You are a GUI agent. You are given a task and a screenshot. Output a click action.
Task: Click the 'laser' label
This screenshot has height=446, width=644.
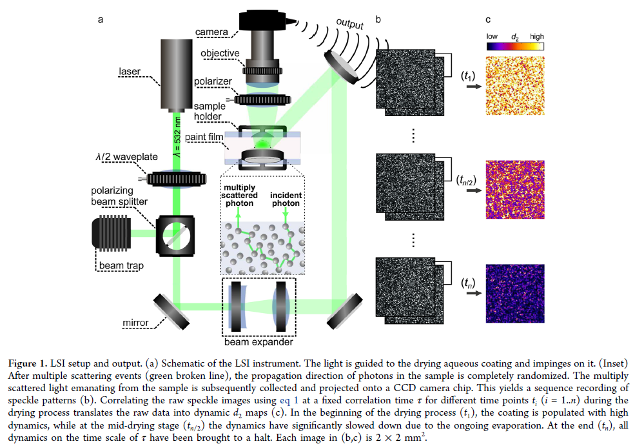pos(130,72)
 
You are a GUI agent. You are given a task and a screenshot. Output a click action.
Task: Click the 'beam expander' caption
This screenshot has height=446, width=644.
pos(259,341)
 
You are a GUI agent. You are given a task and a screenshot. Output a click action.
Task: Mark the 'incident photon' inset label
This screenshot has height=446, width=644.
pos(284,199)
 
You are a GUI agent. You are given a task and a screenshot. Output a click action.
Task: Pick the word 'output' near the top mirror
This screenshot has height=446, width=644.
pos(350,24)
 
